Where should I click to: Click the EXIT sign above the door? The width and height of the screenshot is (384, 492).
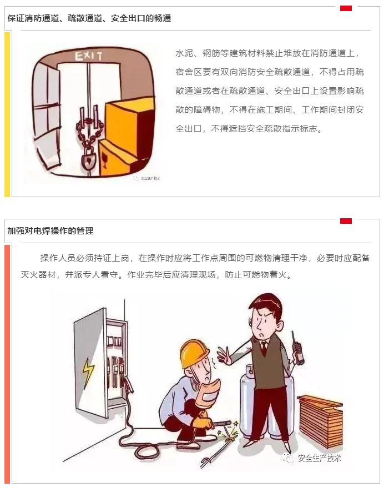pyautogui.click(x=89, y=57)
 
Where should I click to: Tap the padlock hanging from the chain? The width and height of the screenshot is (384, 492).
pyautogui.click(x=89, y=159)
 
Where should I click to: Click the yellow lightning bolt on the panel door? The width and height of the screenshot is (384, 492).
pyautogui.click(x=88, y=372)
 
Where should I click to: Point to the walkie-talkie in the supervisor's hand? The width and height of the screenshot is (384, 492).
pyautogui.click(x=297, y=348)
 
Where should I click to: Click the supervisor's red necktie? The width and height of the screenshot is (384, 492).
pyautogui.click(x=265, y=348)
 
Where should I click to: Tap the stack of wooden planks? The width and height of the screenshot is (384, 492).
pyautogui.click(x=320, y=420)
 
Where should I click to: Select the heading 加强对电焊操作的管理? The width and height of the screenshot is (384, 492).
pyautogui.click(x=50, y=231)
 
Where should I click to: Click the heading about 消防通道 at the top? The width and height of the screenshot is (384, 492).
pyautogui.click(x=89, y=18)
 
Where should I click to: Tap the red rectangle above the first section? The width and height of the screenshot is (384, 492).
pyautogui.click(x=346, y=8)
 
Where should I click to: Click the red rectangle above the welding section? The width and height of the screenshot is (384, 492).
pyautogui.click(x=346, y=221)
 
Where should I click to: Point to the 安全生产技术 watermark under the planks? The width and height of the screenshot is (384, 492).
pyautogui.click(x=311, y=458)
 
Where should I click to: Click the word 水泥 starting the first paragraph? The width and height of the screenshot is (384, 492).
pyautogui.click(x=184, y=53)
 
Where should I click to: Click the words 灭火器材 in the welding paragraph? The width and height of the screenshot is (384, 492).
pyautogui.click(x=38, y=275)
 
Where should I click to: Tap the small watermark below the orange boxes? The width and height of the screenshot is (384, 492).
pyautogui.click(x=147, y=178)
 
